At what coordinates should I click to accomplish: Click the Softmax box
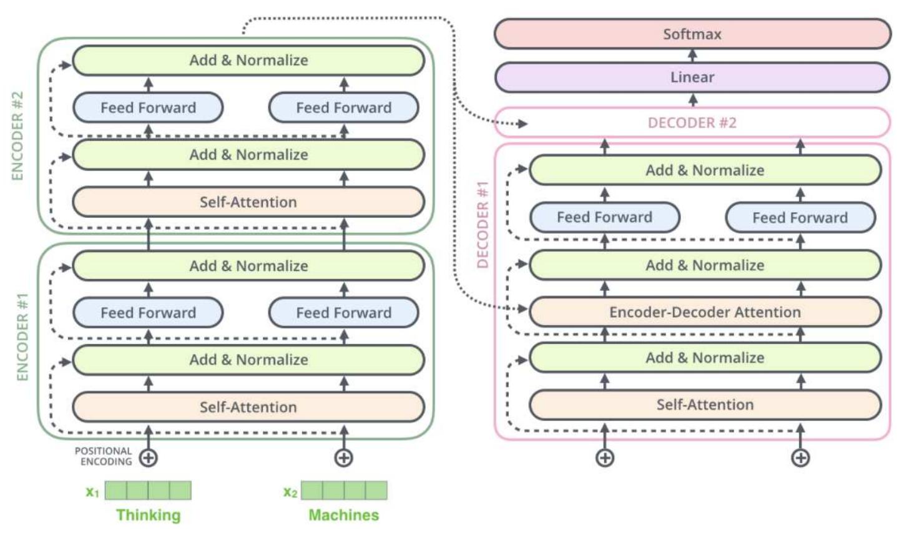pos(692,34)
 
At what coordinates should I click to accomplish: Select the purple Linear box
pos(692,77)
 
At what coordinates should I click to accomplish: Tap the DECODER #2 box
pos(692,122)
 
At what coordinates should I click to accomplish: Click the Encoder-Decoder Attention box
pos(705,312)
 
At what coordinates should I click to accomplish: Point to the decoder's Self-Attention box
pos(705,405)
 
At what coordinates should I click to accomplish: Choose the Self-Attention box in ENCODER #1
pos(248,407)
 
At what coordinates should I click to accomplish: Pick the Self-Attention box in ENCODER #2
pos(248,202)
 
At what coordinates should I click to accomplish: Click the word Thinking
pos(149,515)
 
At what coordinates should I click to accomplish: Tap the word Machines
pos(344,515)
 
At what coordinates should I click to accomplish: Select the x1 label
pos(92,492)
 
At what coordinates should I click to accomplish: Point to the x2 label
pos(290,492)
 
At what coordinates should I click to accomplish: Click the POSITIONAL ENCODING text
pos(104,456)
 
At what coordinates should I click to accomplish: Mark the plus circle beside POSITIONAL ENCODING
pos(148,458)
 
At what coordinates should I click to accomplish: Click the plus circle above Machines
pos(344,458)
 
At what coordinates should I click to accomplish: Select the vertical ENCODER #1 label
pos(22,336)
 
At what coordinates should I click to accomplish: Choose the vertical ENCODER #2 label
pos(17,135)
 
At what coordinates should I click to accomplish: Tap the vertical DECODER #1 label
pos(483,225)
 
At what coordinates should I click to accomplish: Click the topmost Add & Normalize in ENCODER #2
pos(248,60)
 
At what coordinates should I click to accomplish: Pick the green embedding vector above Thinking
pos(149,491)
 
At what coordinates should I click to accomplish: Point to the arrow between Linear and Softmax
pos(692,56)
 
